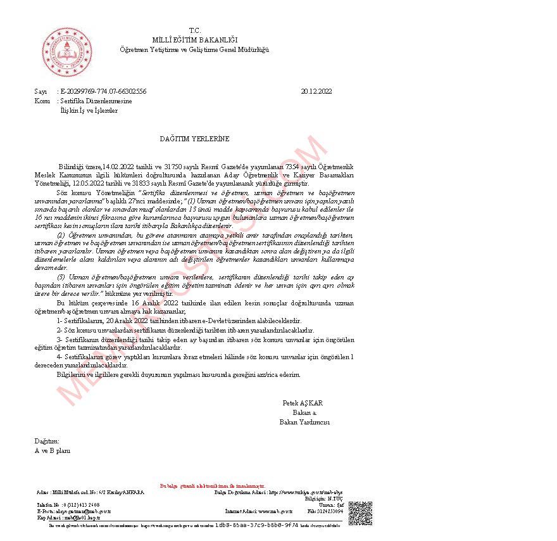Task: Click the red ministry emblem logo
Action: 67,52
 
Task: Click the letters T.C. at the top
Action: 194,30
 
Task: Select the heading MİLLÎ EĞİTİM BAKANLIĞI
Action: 194,40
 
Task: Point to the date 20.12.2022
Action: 316,91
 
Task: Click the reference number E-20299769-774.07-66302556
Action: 103,91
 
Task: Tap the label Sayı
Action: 41,91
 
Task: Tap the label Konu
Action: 42,101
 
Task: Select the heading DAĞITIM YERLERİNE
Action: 194,138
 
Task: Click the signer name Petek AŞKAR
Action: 303,403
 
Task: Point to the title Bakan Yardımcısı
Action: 304,422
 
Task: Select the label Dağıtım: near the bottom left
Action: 47,441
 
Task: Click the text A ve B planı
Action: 53,450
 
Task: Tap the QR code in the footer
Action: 360,512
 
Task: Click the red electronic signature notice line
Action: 208,486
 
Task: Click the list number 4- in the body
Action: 60,357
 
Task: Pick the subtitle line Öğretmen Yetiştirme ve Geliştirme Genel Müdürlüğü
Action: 194,49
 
